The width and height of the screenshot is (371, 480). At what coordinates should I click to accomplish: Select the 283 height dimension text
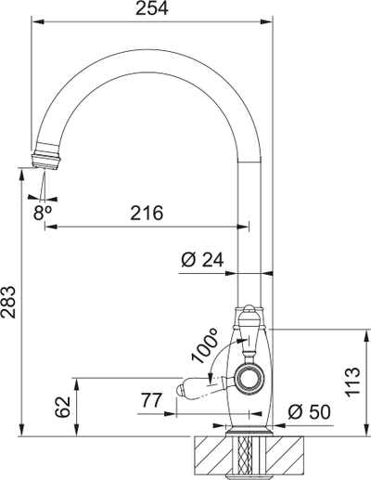9,303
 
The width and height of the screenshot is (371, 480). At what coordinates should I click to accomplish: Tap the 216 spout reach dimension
146,213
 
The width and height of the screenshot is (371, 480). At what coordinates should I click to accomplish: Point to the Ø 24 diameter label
202,262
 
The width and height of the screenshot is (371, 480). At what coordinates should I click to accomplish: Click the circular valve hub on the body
249,377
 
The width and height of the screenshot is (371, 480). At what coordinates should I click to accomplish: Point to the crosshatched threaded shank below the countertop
249,456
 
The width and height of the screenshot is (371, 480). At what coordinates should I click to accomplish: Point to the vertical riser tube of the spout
249,232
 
